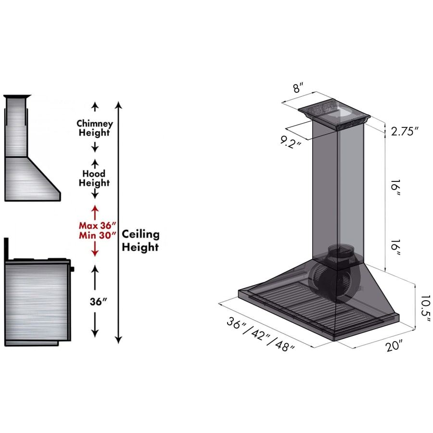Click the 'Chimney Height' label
click(x=95, y=128)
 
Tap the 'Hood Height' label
click(x=94, y=178)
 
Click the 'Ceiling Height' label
click(x=140, y=240)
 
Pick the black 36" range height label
click(x=98, y=301)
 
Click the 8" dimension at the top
click(x=298, y=88)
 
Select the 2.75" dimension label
click(x=405, y=131)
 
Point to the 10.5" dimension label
click(x=426, y=308)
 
